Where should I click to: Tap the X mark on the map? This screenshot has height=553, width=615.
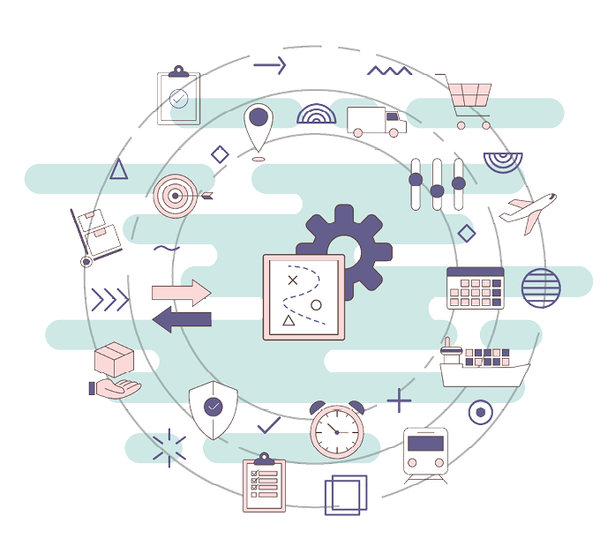(294, 280)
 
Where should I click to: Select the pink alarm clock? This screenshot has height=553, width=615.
(336, 430)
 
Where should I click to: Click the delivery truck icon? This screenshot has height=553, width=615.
(376, 121)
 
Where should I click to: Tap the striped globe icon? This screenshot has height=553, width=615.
(541, 288)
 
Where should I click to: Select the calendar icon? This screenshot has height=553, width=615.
(475, 288)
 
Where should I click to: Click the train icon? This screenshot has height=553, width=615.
(425, 452)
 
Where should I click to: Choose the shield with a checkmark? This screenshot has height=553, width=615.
(213, 408)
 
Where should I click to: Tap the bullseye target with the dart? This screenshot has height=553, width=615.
(176, 196)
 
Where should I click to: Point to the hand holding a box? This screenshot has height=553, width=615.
(114, 372)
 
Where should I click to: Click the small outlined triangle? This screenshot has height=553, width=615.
(118, 169)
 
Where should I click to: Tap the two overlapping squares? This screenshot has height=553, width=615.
(345, 494)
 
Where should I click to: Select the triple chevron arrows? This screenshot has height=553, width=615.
(109, 300)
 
